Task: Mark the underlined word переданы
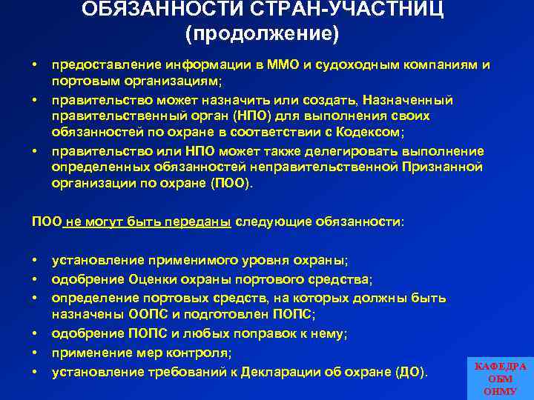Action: click(x=201, y=221)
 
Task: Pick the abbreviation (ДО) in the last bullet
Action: click(x=412, y=370)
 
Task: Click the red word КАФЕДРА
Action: click(x=500, y=367)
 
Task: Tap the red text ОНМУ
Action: click(x=500, y=391)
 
